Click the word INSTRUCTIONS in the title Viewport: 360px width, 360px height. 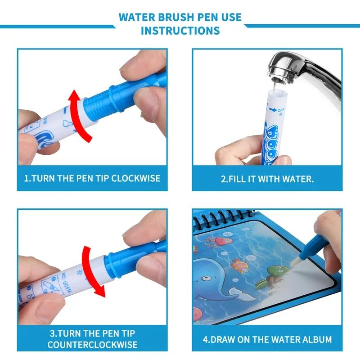point(180,31)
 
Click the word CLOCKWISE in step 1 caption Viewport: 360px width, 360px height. point(135,178)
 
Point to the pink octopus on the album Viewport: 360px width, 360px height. point(221,241)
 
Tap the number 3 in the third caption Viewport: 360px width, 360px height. point(53,334)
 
